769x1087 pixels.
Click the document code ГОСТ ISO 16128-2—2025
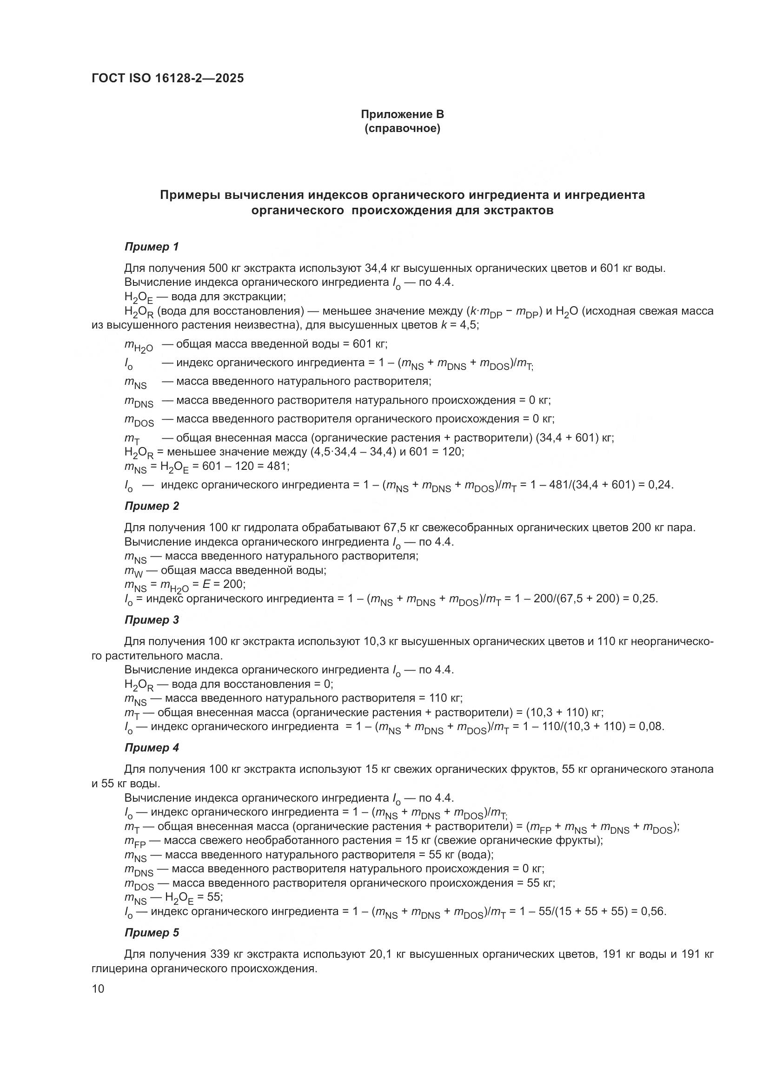[x=168, y=79]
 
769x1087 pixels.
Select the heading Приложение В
[x=402, y=114]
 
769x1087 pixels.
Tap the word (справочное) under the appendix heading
[x=402, y=129]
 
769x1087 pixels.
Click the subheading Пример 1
[x=152, y=247]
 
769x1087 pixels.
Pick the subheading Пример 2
[x=152, y=506]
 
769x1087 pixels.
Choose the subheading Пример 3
[x=152, y=620]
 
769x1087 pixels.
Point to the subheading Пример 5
[x=152, y=933]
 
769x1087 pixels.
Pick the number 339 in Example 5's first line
[x=218, y=955]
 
